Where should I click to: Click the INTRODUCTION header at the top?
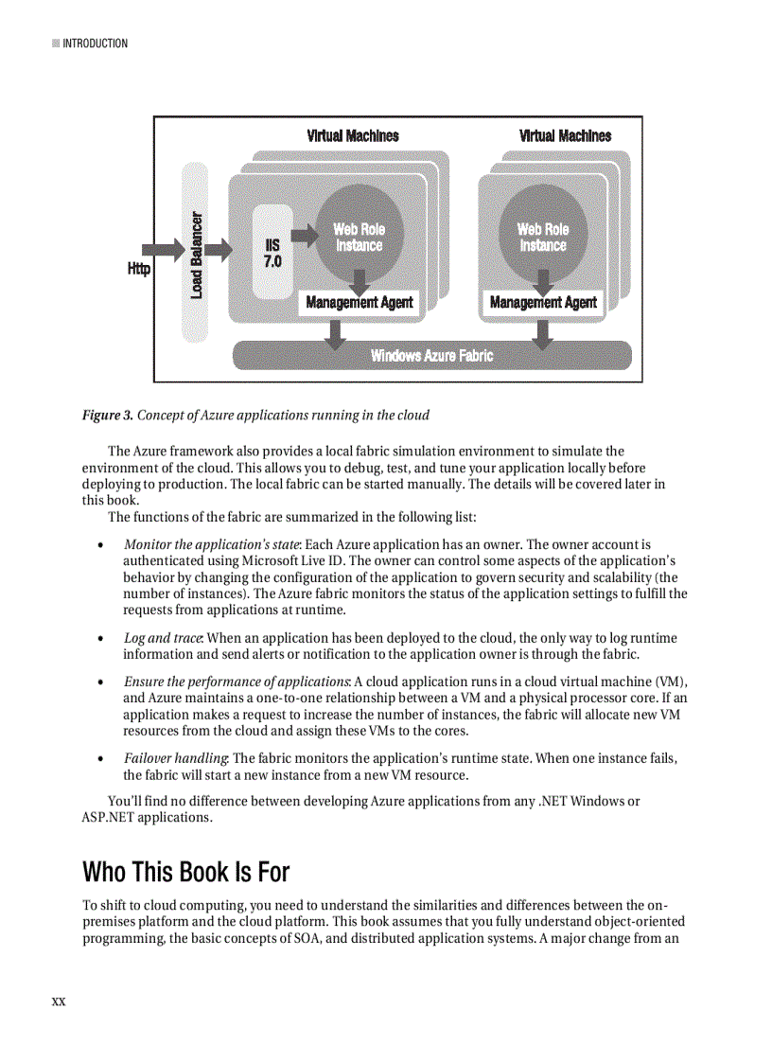95,44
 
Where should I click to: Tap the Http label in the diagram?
139,270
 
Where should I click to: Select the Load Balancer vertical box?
196,252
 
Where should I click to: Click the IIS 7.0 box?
272,252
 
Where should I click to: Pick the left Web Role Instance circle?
359,237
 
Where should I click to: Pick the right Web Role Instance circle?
542,237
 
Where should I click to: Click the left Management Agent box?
359,303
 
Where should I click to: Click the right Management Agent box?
543,303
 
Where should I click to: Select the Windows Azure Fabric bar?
431,356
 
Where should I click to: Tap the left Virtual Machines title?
353,136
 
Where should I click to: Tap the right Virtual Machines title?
565,136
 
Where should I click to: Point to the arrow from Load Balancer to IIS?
219,250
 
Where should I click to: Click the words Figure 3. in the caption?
107,416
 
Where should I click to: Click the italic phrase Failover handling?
176,759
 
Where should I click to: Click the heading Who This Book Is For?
185,871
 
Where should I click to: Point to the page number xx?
59,1001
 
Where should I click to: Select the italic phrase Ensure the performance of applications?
237,682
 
